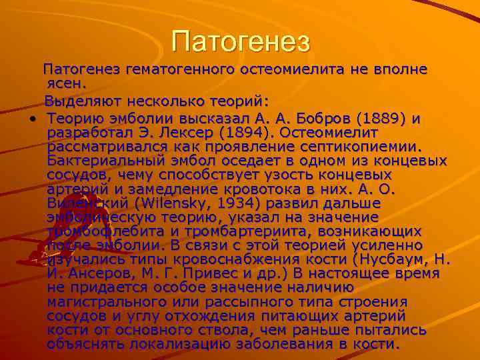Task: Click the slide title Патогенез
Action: click(x=241, y=41)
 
